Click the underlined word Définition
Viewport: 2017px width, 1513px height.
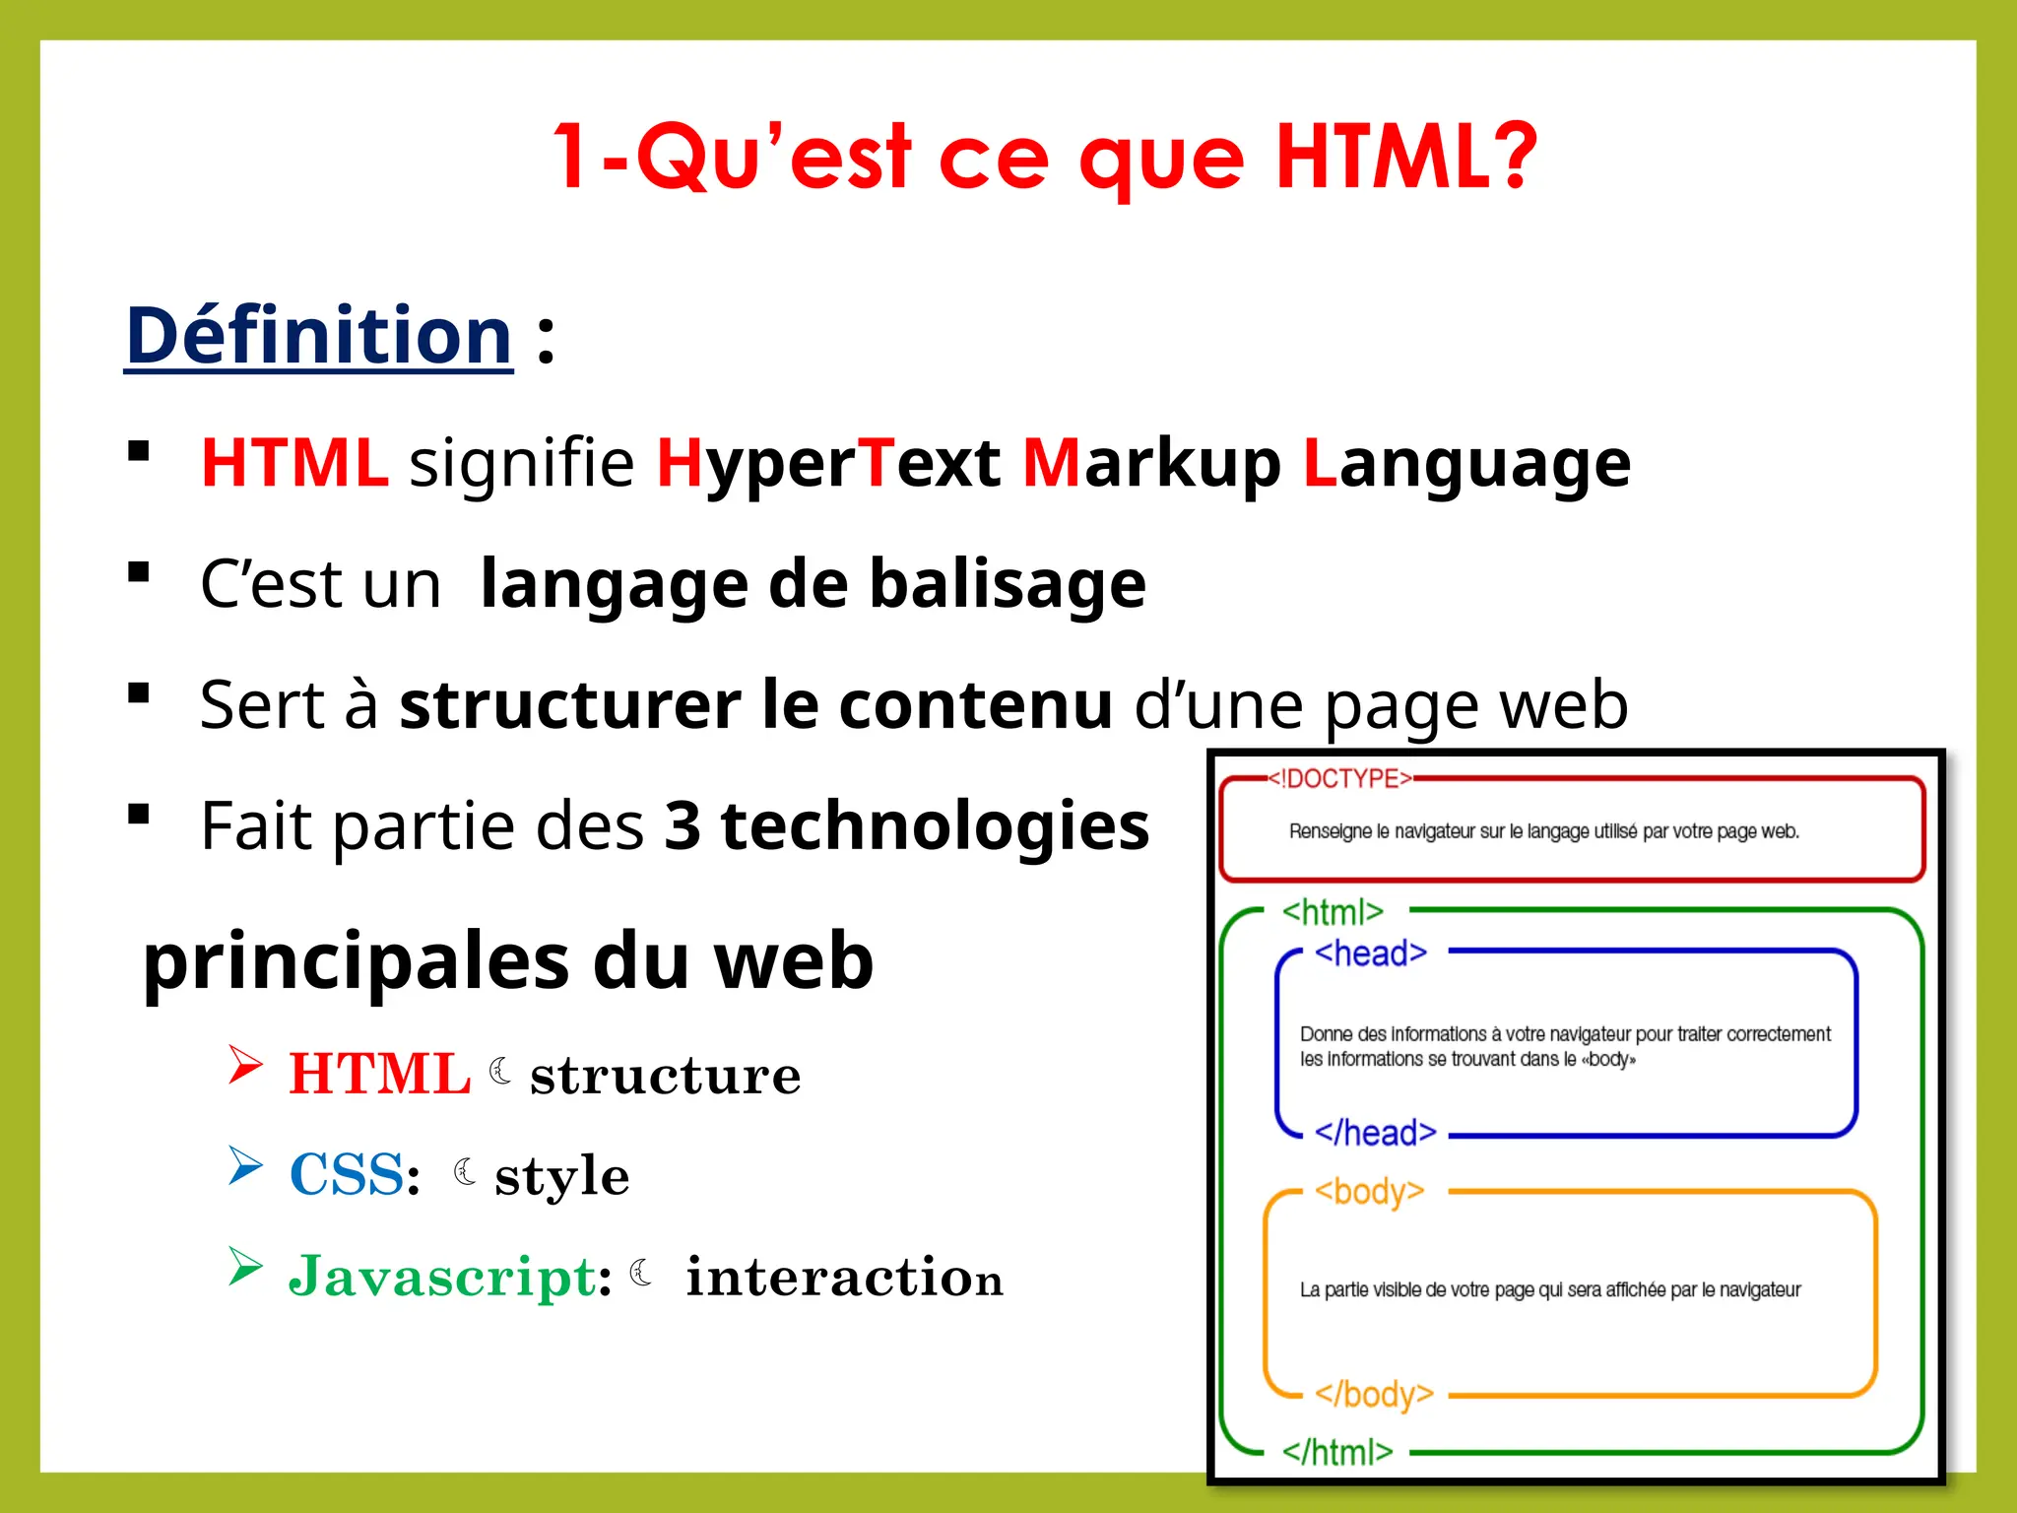(x=319, y=336)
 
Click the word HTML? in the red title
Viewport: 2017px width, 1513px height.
(x=1405, y=158)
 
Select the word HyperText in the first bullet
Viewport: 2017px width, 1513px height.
(x=828, y=463)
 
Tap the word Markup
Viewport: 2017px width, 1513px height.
(x=1151, y=463)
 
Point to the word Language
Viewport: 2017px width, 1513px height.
(x=1465, y=463)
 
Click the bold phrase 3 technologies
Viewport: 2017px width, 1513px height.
(x=906, y=825)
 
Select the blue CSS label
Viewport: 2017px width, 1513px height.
(x=347, y=1174)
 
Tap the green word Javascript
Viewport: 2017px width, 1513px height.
(x=442, y=1277)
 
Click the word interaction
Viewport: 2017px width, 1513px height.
(x=844, y=1277)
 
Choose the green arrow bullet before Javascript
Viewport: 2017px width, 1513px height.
(x=245, y=1267)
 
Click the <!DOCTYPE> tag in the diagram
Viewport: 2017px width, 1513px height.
(x=1339, y=779)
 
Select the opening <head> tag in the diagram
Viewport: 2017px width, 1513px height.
(x=1370, y=954)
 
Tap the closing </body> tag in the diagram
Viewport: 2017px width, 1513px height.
(x=1374, y=1395)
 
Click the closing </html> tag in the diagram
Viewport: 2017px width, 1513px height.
(x=1336, y=1452)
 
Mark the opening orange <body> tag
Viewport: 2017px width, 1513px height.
(x=1369, y=1192)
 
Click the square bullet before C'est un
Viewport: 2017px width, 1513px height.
(x=139, y=572)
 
